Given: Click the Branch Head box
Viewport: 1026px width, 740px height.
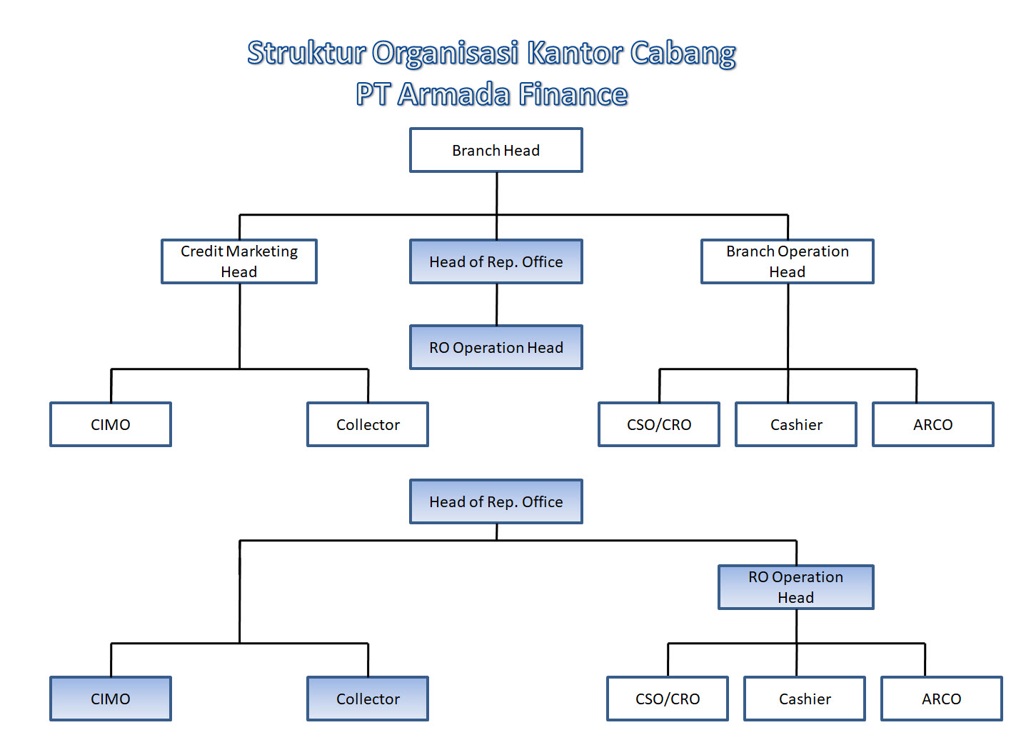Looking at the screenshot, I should (x=496, y=150).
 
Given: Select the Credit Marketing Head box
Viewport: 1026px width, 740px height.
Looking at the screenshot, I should (x=238, y=261).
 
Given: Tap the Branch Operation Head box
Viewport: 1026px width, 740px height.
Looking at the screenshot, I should (x=787, y=261).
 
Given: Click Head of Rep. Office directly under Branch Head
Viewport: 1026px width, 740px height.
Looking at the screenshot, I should (x=496, y=261).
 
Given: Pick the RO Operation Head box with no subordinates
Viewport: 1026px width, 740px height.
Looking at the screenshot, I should (x=496, y=347).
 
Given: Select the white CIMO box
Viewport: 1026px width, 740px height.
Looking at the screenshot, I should (x=110, y=424).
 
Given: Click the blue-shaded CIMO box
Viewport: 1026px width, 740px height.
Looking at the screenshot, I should (x=110, y=699).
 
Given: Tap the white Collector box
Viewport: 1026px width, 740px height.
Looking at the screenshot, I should (x=367, y=424).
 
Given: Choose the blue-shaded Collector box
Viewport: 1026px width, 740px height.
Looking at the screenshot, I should (x=367, y=699).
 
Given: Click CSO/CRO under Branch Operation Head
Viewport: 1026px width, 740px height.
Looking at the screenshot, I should (x=658, y=424).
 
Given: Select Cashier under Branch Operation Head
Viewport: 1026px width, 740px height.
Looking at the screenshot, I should (x=795, y=424).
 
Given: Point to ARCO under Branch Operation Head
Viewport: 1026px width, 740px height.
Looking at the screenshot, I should (x=932, y=424).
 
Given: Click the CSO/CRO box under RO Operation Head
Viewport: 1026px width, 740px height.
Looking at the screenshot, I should (x=667, y=699).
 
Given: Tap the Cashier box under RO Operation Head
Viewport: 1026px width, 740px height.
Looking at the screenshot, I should (x=804, y=699).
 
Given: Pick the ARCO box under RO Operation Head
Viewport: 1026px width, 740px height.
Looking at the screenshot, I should (x=941, y=699).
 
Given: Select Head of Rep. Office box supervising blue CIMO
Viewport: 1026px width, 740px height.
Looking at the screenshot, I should (x=496, y=501).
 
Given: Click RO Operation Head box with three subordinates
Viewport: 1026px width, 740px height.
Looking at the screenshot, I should (x=795, y=587).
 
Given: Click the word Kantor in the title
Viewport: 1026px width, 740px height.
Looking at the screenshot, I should (x=574, y=53).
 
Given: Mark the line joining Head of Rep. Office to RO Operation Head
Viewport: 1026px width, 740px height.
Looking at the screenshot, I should (x=496, y=304).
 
